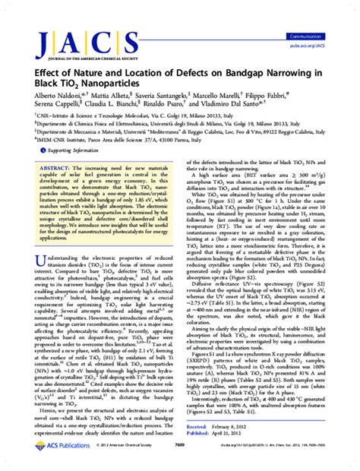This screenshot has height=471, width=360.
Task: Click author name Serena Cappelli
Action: (x=45, y=108)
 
